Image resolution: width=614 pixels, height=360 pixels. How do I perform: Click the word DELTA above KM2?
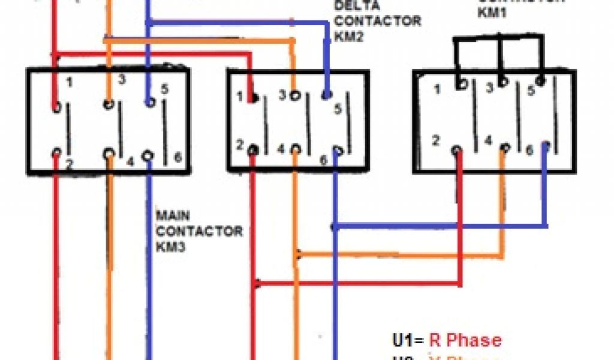(x=353, y=7)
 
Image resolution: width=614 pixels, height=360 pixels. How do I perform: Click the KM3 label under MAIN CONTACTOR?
(x=169, y=246)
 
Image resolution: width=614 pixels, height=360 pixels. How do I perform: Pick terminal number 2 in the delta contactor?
(x=239, y=144)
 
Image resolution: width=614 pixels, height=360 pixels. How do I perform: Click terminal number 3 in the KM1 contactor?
(x=489, y=89)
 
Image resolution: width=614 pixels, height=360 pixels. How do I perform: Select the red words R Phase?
(x=465, y=340)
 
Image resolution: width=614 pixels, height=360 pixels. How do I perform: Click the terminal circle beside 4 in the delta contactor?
(x=295, y=149)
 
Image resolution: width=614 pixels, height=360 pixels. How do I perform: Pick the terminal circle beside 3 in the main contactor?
(x=109, y=103)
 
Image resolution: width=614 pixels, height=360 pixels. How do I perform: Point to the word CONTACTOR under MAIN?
(x=199, y=230)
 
